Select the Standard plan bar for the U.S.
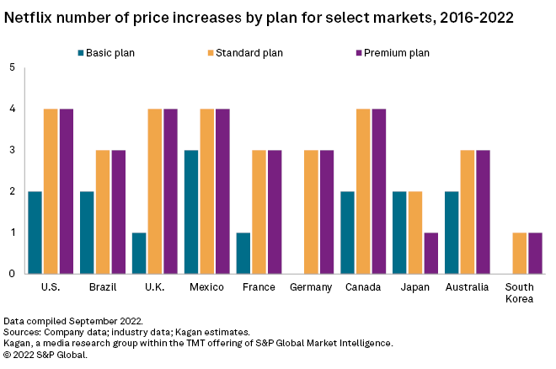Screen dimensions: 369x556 tap(51, 191)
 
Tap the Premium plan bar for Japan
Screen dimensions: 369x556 tap(430, 253)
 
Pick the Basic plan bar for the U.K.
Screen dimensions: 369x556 tap(140, 253)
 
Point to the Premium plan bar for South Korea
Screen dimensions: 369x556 tap(535, 253)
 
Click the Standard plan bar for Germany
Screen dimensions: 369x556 tap(311, 211)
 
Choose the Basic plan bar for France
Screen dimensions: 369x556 tap(243, 253)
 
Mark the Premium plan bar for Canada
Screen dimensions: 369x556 tap(378, 191)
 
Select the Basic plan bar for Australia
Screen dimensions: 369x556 tap(452, 233)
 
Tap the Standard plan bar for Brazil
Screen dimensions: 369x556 tap(103, 211)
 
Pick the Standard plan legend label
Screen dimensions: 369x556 tap(249, 53)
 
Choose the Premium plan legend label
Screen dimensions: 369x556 tap(397, 53)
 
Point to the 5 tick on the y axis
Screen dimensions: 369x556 tap(11, 68)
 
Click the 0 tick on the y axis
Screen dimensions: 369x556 tap(11, 274)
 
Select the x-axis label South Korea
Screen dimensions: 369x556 tap(520, 294)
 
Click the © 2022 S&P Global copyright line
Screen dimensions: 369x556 tap(45, 354)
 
